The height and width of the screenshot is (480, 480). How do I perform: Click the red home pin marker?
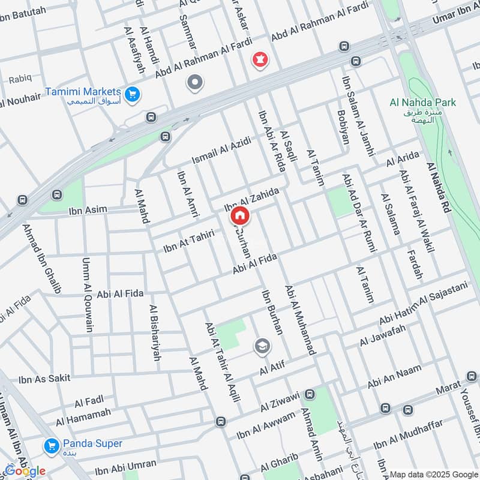click(239, 215)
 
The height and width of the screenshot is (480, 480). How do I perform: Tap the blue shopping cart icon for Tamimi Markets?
click(133, 93)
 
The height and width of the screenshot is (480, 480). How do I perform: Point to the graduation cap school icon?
click(262, 346)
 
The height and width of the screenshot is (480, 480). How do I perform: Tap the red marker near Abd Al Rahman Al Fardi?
click(259, 61)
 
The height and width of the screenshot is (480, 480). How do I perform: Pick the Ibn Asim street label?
click(88, 209)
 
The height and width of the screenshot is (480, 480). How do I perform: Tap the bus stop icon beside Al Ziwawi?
click(310, 394)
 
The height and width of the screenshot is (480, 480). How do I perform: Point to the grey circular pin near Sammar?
click(194, 83)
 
